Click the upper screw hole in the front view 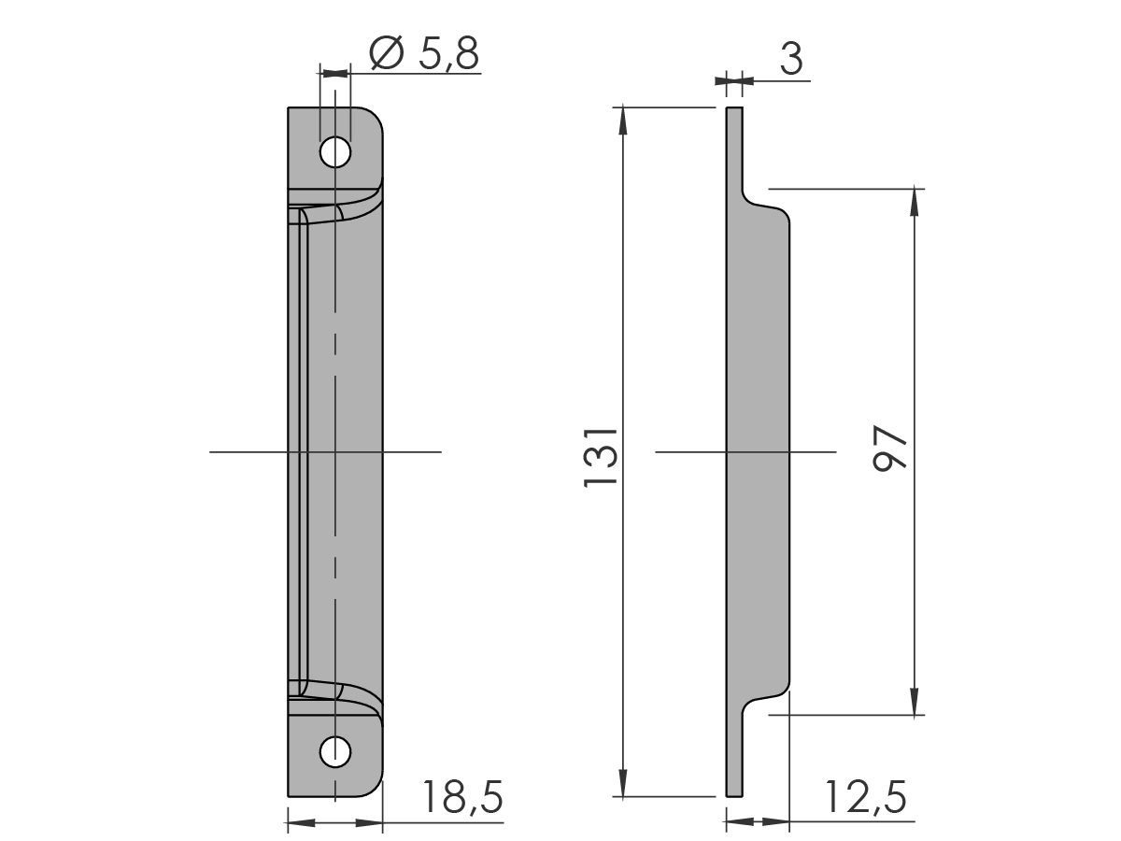335,151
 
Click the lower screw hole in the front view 335,752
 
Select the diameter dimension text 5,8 449,54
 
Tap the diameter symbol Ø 387,52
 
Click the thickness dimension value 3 791,59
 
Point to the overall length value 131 601,458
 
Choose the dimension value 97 890,448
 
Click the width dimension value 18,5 463,796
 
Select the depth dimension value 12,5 866,796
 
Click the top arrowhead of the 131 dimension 623,121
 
